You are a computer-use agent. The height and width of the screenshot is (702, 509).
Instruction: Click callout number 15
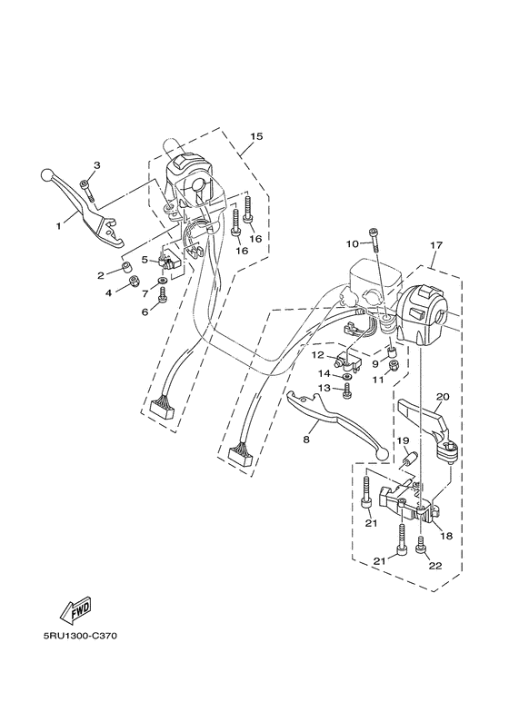click(x=256, y=136)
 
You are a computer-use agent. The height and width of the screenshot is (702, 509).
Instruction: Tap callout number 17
click(x=436, y=245)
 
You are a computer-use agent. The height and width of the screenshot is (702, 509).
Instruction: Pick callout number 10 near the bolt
click(x=352, y=243)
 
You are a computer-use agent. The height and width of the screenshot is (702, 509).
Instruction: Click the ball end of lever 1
click(x=46, y=173)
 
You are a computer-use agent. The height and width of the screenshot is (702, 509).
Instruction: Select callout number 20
click(x=444, y=396)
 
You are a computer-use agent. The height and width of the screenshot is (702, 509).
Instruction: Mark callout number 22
click(x=436, y=565)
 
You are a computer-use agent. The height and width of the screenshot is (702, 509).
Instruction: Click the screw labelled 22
click(x=420, y=546)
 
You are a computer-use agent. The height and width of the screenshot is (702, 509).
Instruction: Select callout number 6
click(x=143, y=311)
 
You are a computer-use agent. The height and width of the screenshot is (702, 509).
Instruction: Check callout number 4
click(x=109, y=292)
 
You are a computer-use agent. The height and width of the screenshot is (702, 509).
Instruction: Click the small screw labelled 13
click(x=347, y=391)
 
